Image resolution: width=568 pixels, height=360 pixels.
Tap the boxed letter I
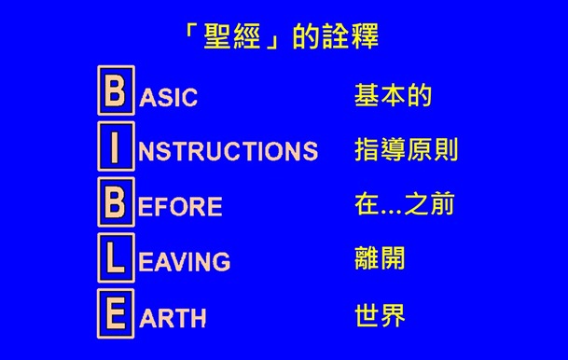click(x=116, y=148)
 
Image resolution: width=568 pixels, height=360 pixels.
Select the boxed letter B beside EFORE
click(x=116, y=203)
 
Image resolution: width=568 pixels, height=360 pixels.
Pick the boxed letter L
click(x=116, y=258)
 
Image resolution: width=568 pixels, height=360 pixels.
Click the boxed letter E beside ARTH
click(x=116, y=312)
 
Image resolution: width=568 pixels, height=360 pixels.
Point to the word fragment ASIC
click(x=169, y=98)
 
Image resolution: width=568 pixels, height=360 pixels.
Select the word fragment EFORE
click(x=180, y=207)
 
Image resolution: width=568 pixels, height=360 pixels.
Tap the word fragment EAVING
click(x=184, y=262)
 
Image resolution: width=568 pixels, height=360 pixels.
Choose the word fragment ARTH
click(x=173, y=317)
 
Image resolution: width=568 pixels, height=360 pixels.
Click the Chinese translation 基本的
click(x=393, y=95)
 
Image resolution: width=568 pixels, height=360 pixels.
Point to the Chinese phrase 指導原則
click(x=406, y=149)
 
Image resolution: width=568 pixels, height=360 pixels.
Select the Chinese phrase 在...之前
click(x=405, y=204)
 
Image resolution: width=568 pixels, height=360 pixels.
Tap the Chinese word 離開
click(x=380, y=258)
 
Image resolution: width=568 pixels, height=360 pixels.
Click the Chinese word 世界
click(x=380, y=313)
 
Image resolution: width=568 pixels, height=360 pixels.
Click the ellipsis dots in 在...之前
click(x=394, y=209)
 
